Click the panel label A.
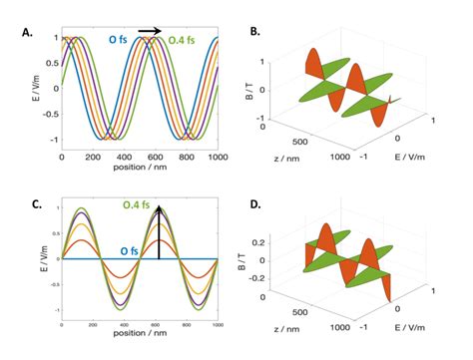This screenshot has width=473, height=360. pyautogui.click(x=27, y=32)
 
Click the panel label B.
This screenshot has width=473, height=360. pyautogui.click(x=254, y=32)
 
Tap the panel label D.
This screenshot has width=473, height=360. pyautogui.click(x=254, y=206)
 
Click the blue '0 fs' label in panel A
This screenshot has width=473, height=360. pyautogui.click(x=120, y=40)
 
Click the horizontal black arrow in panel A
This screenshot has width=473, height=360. pyautogui.click(x=149, y=31)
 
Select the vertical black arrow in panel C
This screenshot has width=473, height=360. pyautogui.click(x=160, y=235)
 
